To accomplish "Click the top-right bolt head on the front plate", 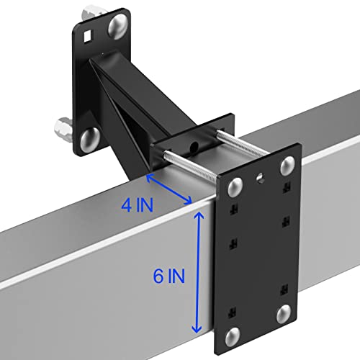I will click(x=284, y=166).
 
